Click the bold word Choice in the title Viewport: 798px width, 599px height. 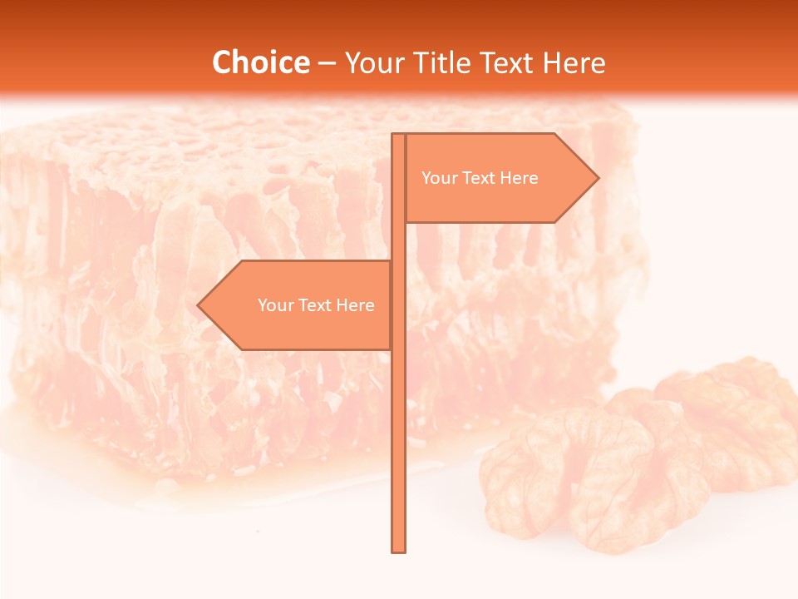[x=260, y=62]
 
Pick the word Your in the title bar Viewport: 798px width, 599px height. [x=374, y=62]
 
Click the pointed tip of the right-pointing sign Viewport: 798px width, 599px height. [x=597, y=177]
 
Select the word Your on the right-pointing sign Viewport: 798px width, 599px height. [x=440, y=178]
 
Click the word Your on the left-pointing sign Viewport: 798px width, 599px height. [x=276, y=305]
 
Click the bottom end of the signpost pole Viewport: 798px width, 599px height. [x=398, y=549]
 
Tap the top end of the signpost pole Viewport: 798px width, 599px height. [x=398, y=136]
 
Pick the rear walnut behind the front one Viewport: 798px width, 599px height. [x=723, y=416]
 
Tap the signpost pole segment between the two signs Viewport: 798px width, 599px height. [x=398, y=241]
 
